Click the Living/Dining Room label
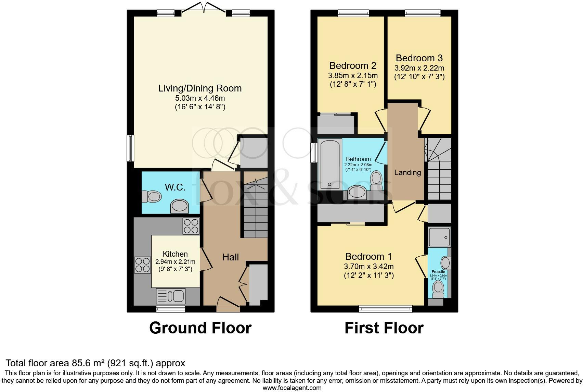coord(200,88)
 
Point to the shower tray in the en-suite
coord(439,237)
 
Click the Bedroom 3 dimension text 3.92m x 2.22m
coord(419,68)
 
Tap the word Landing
coord(407,172)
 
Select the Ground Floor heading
coord(200,328)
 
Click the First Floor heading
coord(384,328)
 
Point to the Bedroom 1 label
coord(368,256)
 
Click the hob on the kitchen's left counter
coord(142,265)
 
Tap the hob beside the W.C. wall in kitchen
coord(191,226)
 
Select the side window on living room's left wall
coord(130,148)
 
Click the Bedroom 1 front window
coord(386,309)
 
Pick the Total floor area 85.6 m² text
coord(95,363)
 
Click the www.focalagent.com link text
coord(292,388)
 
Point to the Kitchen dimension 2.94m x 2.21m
coord(175,262)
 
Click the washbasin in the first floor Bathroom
coord(357,193)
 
